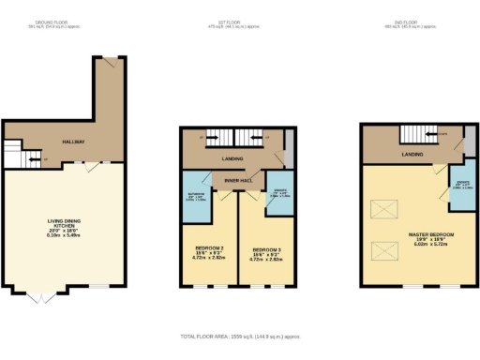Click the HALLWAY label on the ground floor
74,142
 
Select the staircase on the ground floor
14,155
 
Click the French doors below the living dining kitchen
38,296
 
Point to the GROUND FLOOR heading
52,22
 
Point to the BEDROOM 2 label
209,252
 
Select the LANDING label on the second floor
411,153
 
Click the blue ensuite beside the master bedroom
463,185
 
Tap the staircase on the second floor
418,134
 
